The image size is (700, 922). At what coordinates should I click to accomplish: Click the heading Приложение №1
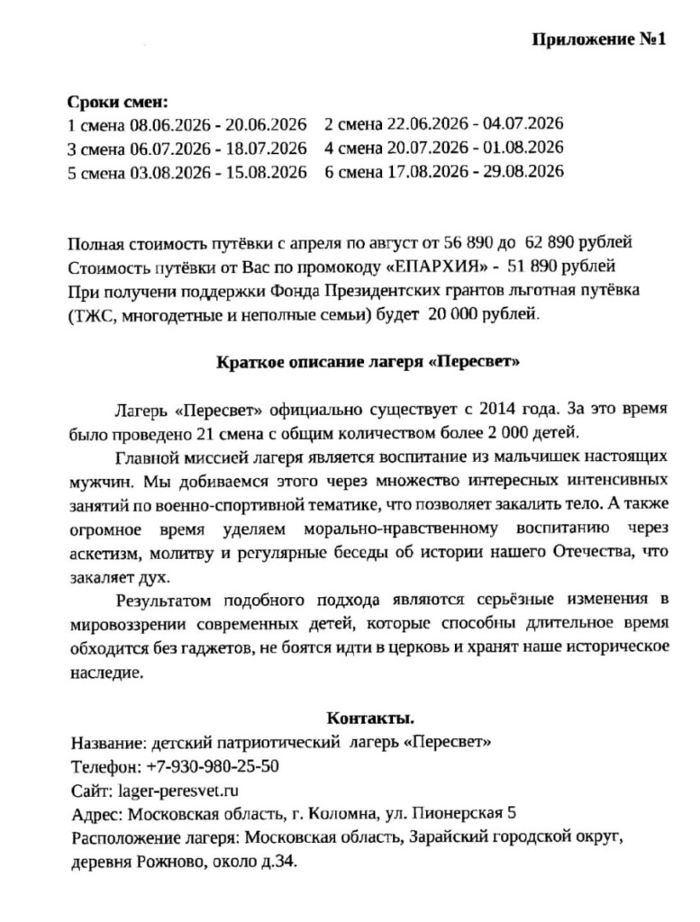598,41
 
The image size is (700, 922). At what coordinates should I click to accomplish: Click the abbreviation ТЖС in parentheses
92,314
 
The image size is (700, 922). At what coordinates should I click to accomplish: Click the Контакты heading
369,719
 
